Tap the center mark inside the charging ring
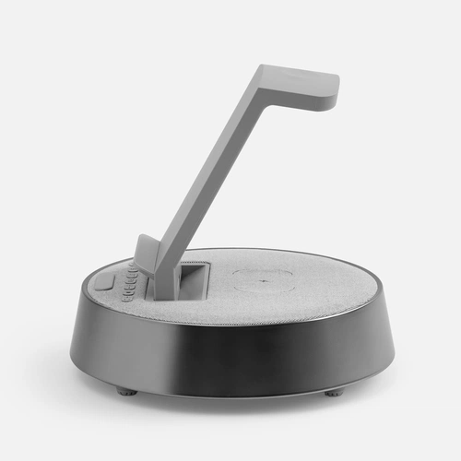tap(265, 278)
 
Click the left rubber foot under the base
tap(126, 391)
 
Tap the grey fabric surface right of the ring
tap(332, 281)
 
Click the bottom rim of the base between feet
tap(230, 395)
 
